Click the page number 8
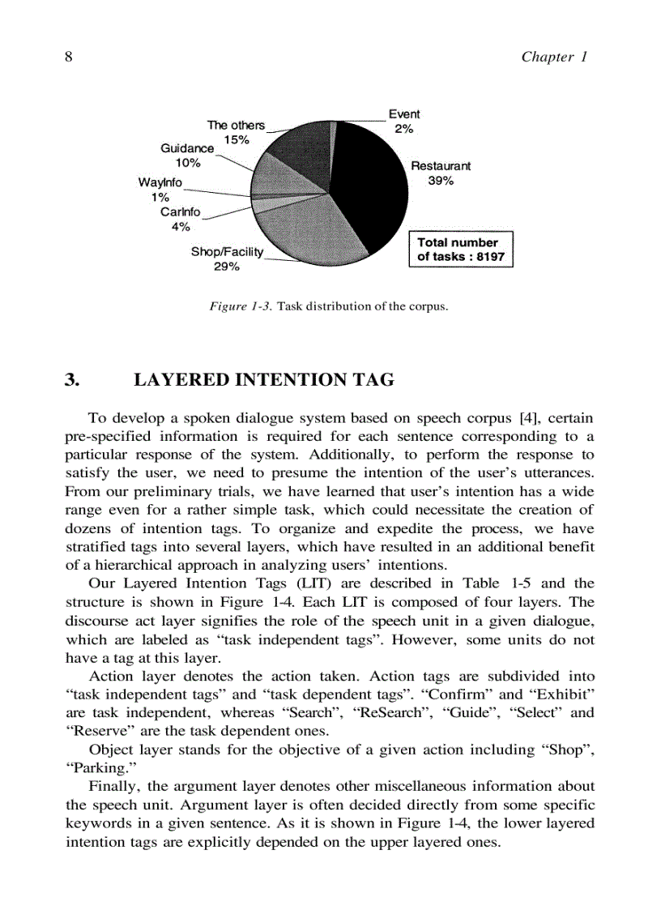[x=69, y=56]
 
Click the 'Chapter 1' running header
[x=553, y=56]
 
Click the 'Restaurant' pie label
[x=441, y=166]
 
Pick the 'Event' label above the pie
[x=404, y=114]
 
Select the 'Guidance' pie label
[x=187, y=148]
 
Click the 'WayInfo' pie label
[x=160, y=182]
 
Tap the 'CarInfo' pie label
[x=180, y=212]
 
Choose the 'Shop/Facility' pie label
[x=227, y=252]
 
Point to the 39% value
[x=441, y=181]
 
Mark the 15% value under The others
[x=237, y=139]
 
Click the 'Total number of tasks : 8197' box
[x=461, y=250]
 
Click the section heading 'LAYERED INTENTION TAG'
[x=263, y=380]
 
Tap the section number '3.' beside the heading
[x=72, y=380]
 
